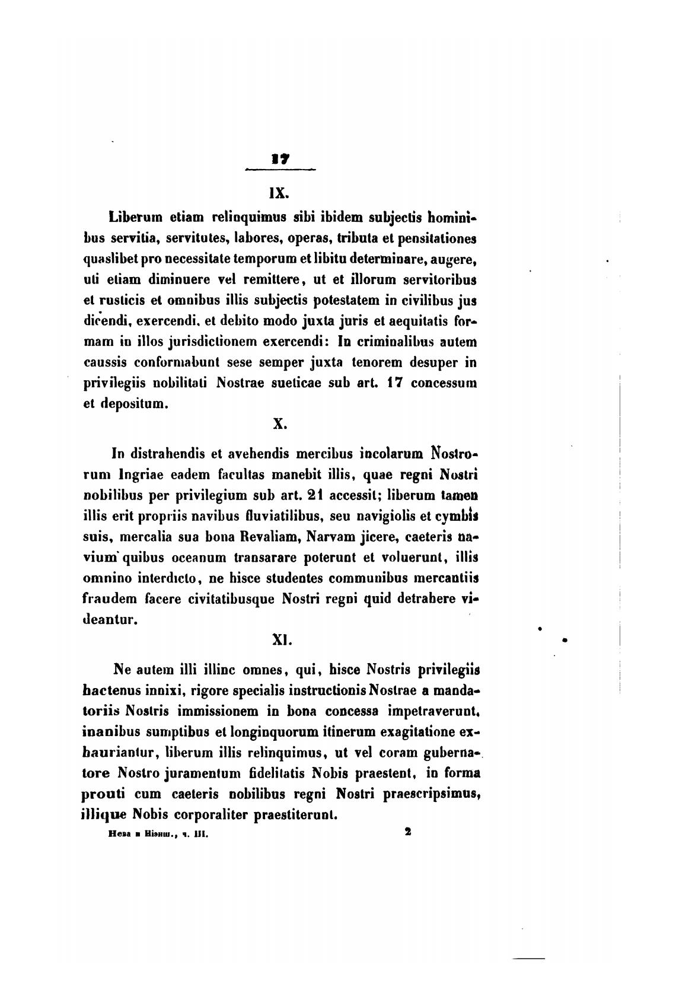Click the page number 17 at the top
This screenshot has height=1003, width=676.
(x=279, y=158)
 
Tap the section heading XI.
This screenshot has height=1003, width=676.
(x=279, y=640)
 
